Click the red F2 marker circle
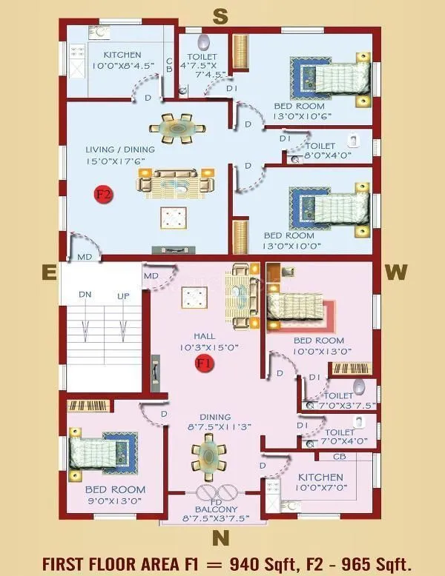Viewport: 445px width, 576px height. click(103, 195)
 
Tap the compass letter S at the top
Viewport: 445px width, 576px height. click(220, 15)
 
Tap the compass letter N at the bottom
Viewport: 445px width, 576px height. click(220, 535)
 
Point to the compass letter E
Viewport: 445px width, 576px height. click(49, 273)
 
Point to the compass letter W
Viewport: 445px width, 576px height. click(395, 273)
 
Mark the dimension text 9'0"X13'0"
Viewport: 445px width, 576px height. click(115, 501)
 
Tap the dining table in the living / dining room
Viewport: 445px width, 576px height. click(180, 128)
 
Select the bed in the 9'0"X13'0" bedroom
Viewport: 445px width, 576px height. click(104, 449)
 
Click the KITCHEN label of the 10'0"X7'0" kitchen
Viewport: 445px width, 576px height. click(320, 477)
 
